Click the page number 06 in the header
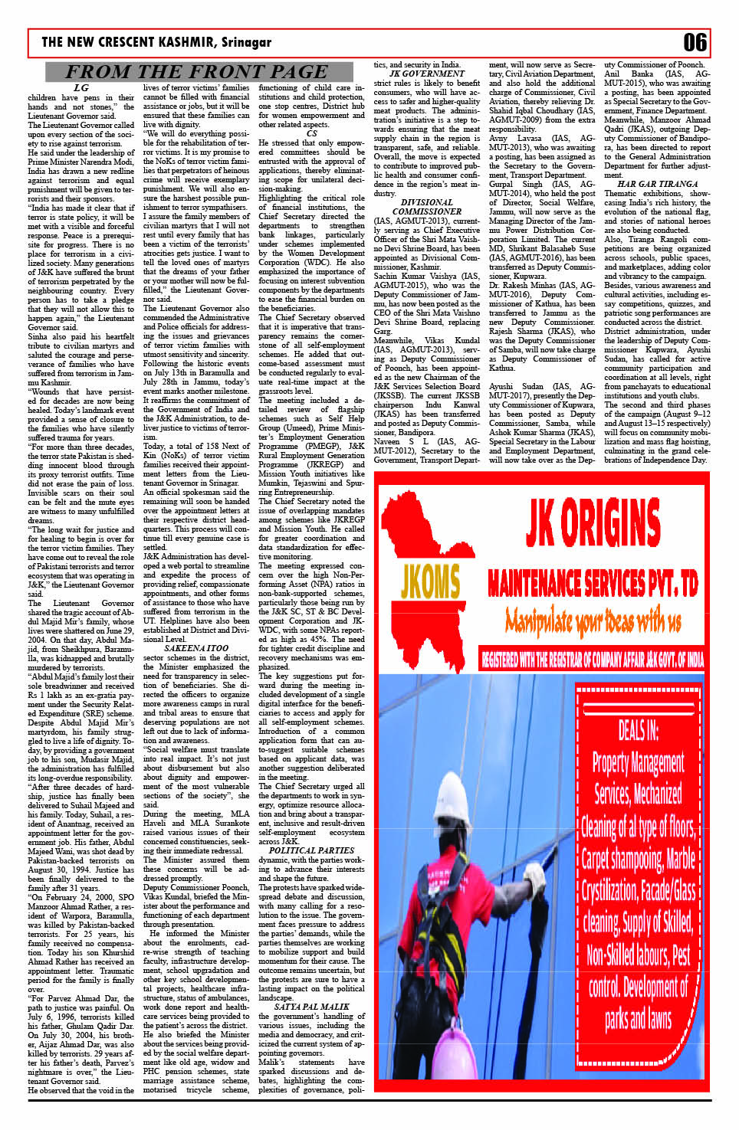point(695,42)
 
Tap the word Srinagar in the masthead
point(246,42)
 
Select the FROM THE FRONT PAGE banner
point(196,72)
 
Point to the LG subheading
point(80,88)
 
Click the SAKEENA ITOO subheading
point(196,648)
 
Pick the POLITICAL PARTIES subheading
point(311,850)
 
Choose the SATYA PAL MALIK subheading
point(311,1007)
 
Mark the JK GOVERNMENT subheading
point(427,74)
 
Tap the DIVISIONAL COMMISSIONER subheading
point(427,207)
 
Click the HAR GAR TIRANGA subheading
point(657,185)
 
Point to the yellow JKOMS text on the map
point(430,581)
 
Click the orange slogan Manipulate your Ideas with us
point(593,619)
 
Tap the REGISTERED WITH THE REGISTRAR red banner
point(592,659)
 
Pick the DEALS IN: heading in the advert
point(638,730)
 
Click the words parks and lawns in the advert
point(638,1018)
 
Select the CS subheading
point(311,133)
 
